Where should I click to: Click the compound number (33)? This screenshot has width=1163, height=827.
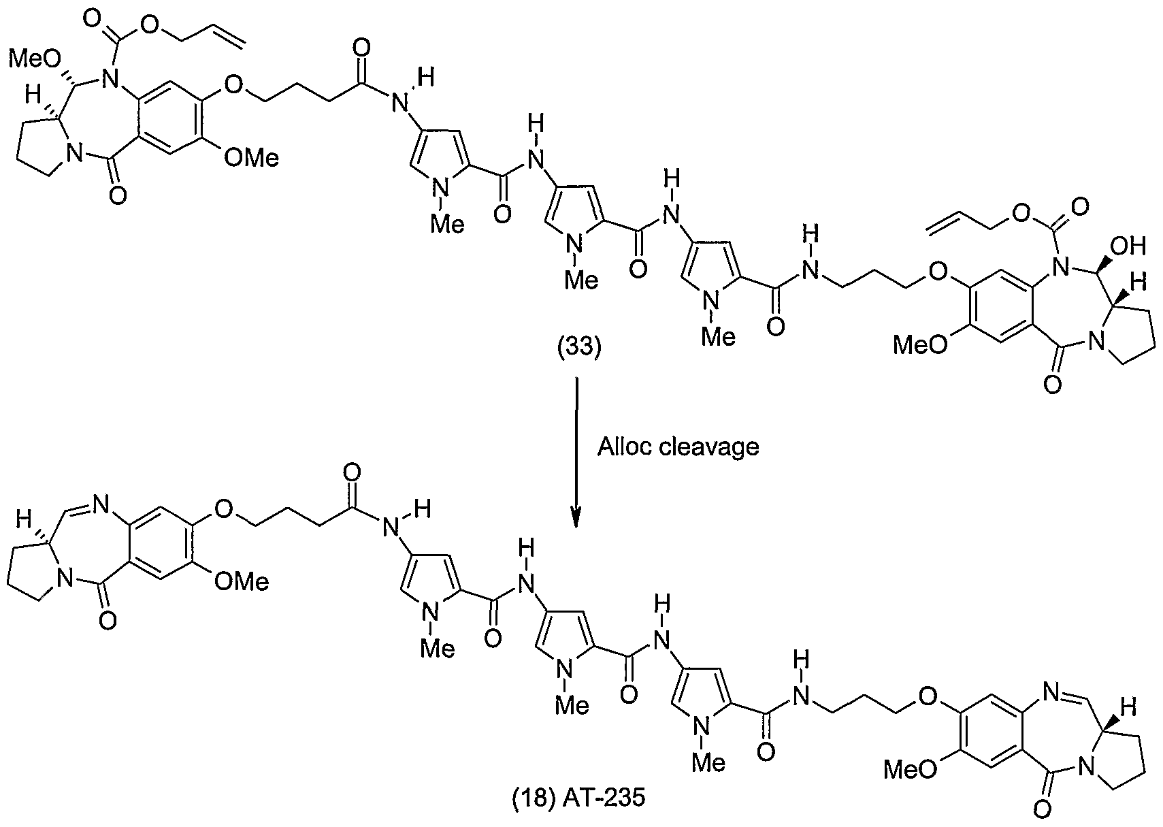tap(579, 346)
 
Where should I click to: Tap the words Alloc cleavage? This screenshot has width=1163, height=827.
tap(678, 447)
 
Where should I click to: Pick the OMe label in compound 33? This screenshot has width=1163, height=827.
tap(251, 157)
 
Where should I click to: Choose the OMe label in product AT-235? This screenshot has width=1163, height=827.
tap(242, 581)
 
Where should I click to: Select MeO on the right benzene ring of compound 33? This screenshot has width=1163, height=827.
tap(920, 344)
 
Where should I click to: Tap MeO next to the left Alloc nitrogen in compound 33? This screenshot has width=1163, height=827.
tap(36, 60)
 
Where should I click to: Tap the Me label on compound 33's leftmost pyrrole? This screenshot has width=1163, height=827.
tap(448, 224)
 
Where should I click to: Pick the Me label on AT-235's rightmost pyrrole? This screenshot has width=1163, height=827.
tap(709, 762)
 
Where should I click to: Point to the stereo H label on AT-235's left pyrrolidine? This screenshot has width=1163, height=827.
tap(24, 519)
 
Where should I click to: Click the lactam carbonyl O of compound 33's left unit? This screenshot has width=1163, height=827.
tap(118, 196)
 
